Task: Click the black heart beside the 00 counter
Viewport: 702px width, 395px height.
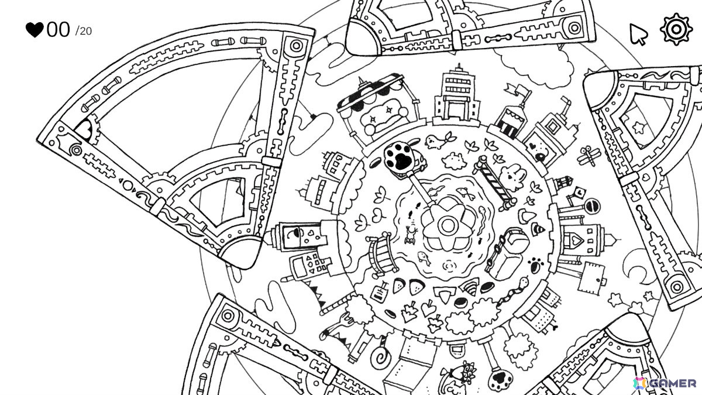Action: point(35,30)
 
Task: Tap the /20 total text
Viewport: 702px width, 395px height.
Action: point(83,32)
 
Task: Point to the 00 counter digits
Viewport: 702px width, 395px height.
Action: point(58,30)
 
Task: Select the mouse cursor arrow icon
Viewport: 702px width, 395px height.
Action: point(638,35)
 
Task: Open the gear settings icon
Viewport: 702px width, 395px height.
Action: point(676,29)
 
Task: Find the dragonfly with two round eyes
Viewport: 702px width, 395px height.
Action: point(589,156)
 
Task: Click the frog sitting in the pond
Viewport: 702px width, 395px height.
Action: point(411,235)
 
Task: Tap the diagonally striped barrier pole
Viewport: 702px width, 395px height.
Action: point(494,183)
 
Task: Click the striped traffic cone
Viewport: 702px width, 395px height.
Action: point(538,229)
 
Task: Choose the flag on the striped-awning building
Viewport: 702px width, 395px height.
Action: point(518,91)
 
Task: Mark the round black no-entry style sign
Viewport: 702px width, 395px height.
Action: point(591,207)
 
